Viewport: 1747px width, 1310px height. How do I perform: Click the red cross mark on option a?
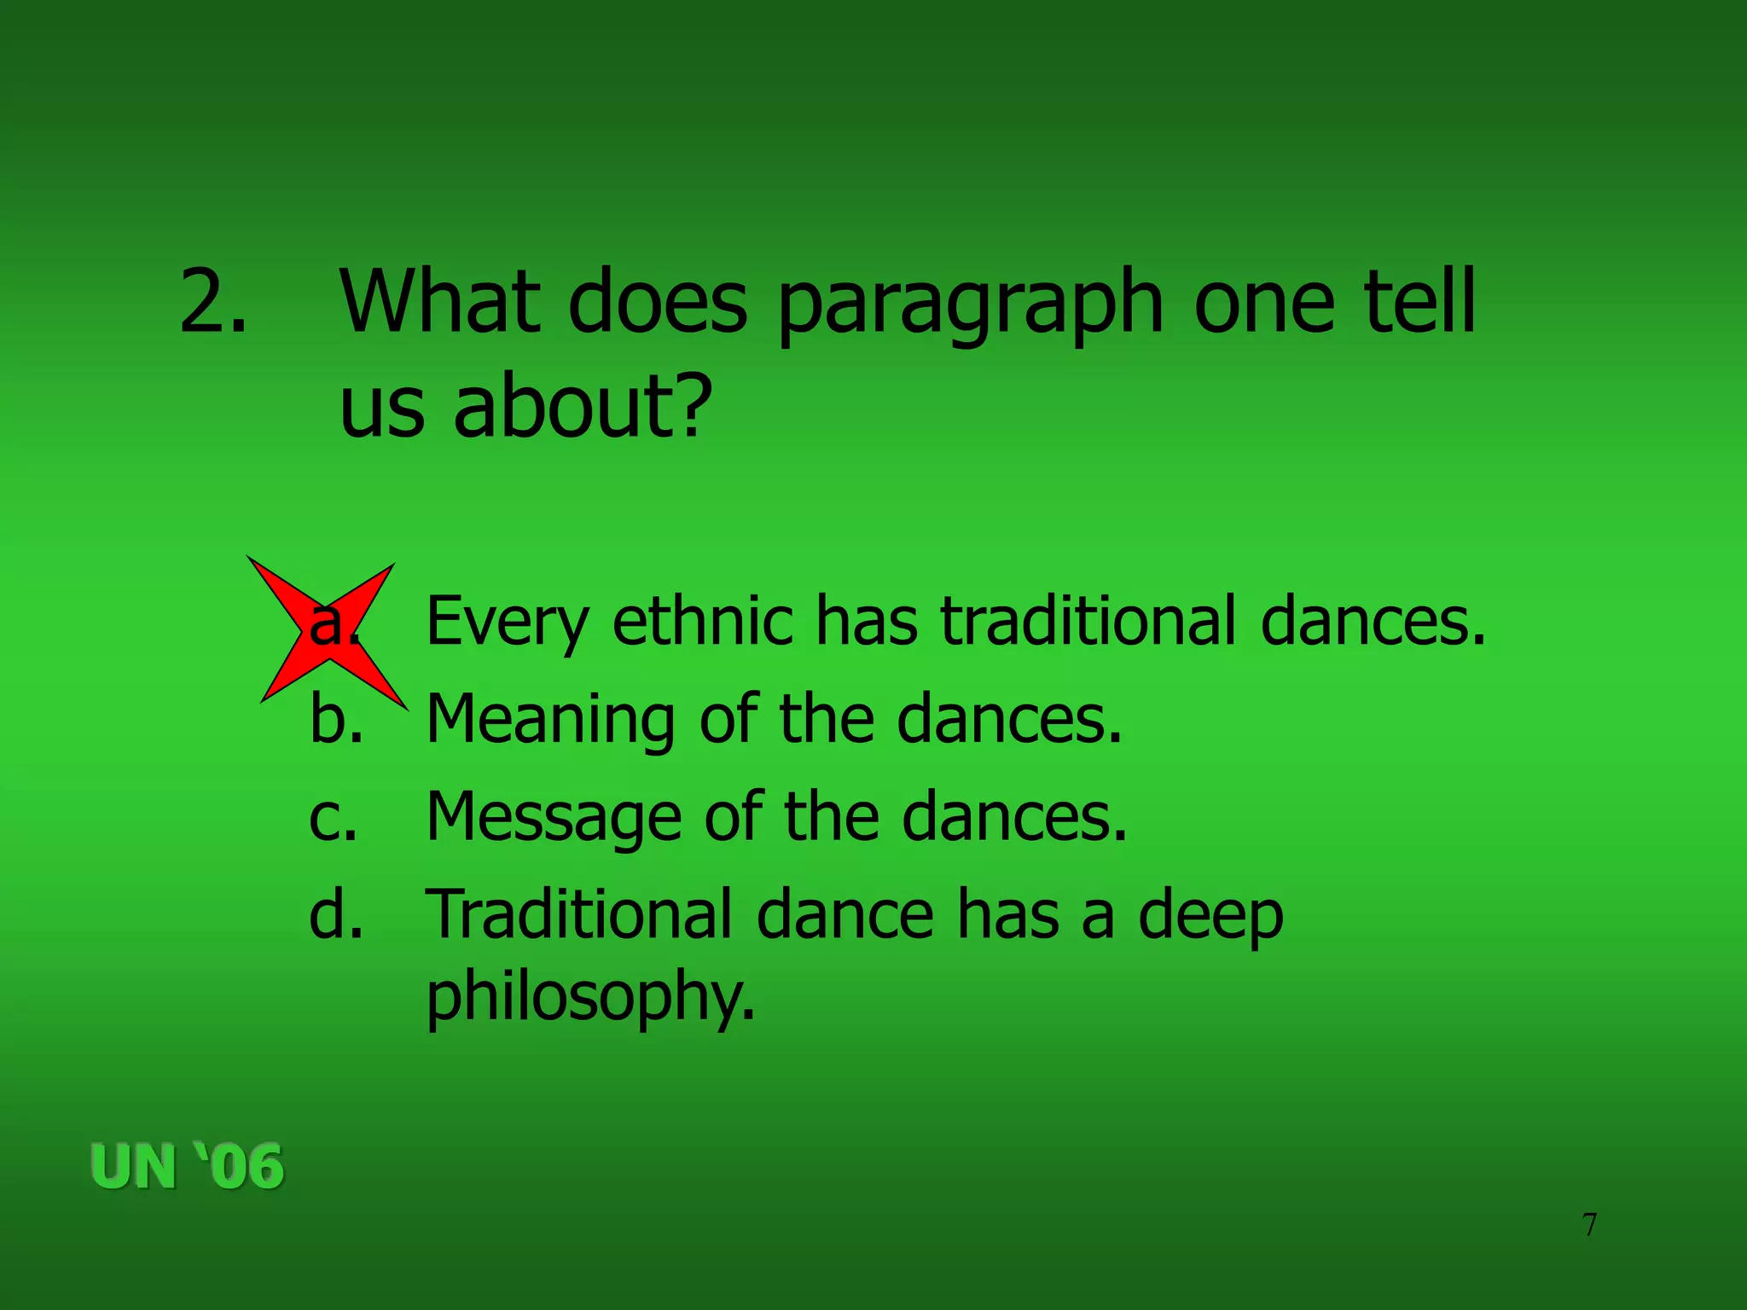coord(328,633)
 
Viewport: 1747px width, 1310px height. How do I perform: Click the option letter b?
coord(336,718)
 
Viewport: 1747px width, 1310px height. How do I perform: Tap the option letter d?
coord(336,914)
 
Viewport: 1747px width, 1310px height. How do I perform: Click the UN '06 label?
coord(187,1167)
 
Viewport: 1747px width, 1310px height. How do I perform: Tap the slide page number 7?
coord(1589,1225)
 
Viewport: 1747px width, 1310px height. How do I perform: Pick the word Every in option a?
coord(507,623)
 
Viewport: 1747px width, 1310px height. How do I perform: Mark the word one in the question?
coord(1263,303)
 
